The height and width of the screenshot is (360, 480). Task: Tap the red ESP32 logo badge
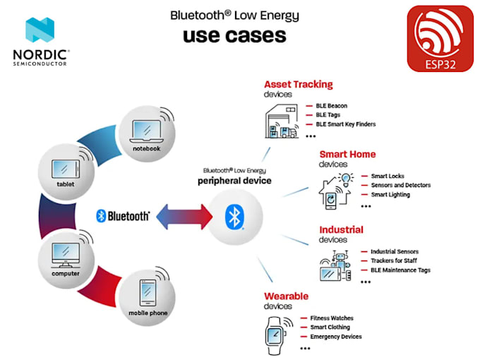click(x=440, y=39)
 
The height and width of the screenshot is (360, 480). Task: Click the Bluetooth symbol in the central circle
click(x=234, y=217)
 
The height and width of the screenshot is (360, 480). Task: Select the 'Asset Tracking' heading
click(x=298, y=85)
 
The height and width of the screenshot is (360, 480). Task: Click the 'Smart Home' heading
click(x=347, y=154)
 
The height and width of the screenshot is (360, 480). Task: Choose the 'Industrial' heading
click(x=342, y=229)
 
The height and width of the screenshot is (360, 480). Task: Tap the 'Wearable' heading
click(x=287, y=296)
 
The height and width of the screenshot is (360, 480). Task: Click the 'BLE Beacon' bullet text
click(x=331, y=106)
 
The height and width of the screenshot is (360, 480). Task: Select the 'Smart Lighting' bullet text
click(x=390, y=195)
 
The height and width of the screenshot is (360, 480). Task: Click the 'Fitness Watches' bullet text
click(x=332, y=318)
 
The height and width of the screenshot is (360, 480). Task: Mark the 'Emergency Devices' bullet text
click(x=336, y=337)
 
